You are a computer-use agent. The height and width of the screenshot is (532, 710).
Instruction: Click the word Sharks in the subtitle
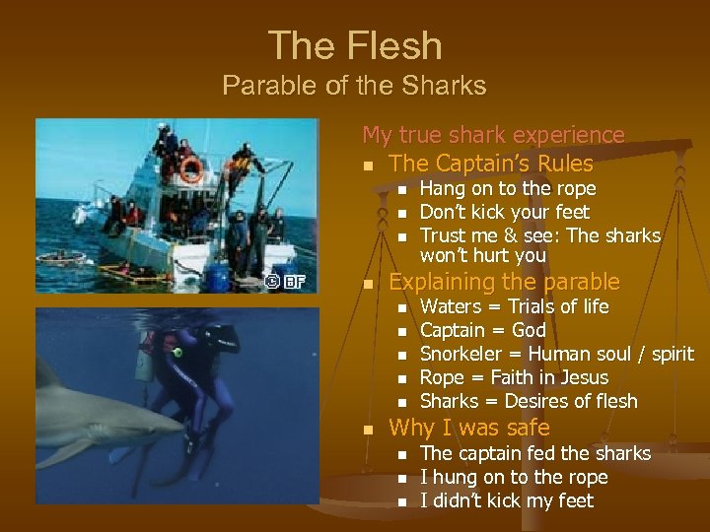(449, 86)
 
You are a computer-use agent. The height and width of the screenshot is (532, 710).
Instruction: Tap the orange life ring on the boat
(189, 168)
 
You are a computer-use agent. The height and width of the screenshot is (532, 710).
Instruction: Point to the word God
(529, 330)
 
